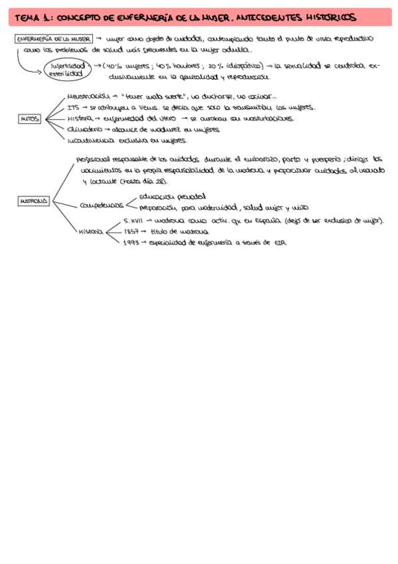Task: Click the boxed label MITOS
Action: [29, 119]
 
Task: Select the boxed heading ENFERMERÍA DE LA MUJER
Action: [52, 39]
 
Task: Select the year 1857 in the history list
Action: [132, 231]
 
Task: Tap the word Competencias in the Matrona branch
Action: [101, 206]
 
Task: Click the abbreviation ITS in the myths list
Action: [74, 108]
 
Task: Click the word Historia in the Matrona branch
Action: [91, 231]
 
